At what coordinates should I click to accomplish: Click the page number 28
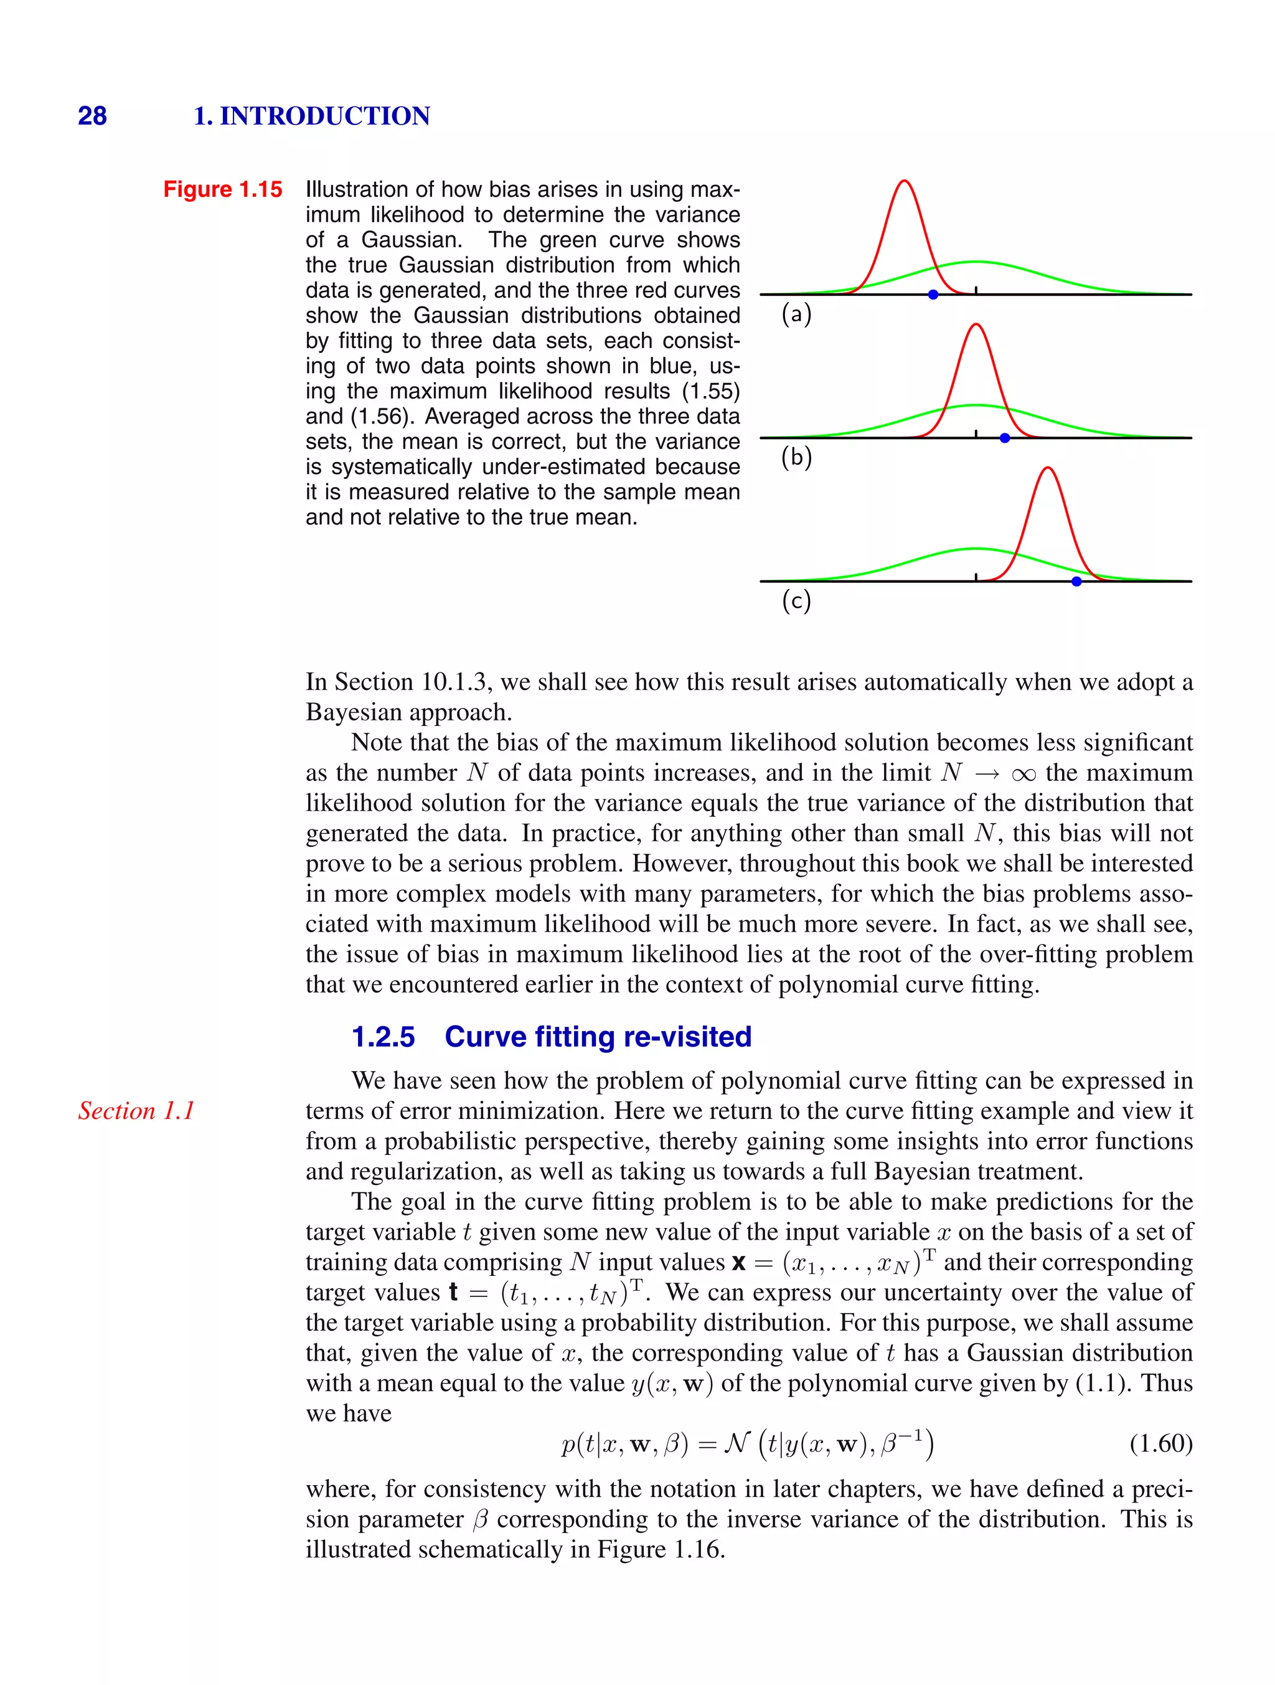92,116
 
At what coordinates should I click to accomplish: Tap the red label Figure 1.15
222,189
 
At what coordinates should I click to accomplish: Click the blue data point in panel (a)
933,294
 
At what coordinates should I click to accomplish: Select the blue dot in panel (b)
1005,438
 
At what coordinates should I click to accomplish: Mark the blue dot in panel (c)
1076,581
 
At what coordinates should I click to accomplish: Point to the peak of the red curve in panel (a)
904,181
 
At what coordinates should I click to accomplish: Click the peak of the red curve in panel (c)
1048,468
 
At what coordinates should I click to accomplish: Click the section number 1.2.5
383,1037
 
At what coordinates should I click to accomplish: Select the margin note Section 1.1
136,1111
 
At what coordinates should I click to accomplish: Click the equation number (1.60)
1160,1443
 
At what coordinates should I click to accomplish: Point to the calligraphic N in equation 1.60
736,1443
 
